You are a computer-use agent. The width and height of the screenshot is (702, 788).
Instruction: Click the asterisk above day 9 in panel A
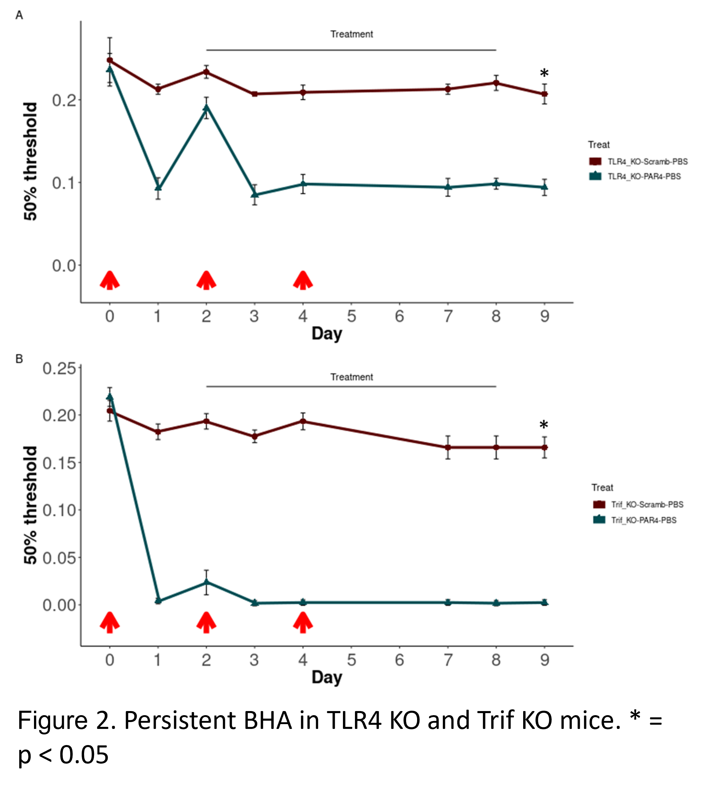pos(544,73)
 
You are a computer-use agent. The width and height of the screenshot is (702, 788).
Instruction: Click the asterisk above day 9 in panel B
pos(543,425)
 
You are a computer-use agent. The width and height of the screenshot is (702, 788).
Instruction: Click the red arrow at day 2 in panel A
pos(206,280)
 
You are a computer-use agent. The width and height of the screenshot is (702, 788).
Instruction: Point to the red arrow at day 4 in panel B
pos(303,622)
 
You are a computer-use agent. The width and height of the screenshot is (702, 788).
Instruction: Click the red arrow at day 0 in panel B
pos(110,622)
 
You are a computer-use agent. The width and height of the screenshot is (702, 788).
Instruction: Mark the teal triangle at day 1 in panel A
pos(158,188)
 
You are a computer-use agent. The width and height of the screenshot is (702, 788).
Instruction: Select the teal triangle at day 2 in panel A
pos(206,107)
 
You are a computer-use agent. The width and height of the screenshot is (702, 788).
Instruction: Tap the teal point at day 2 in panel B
pos(206,582)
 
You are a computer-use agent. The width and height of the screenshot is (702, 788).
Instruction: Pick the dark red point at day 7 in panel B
pos(448,448)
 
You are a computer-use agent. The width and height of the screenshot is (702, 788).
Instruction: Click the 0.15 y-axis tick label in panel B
pos(59,463)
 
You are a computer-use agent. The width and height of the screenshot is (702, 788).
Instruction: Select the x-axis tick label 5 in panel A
pos(351,316)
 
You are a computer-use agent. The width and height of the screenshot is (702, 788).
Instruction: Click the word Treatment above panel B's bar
pos(352,377)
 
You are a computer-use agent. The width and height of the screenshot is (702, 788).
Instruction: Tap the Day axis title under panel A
pos(327,334)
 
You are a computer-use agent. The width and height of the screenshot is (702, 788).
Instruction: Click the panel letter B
pos(19,359)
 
